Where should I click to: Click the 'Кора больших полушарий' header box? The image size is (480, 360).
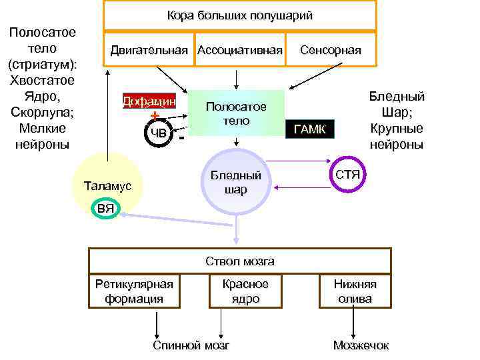(239, 15)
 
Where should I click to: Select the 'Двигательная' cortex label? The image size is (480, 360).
(149, 50)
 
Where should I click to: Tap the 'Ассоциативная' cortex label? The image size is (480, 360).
(239, 50)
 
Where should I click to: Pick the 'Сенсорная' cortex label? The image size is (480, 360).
(331, 50)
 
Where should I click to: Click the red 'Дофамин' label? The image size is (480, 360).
(149, 101)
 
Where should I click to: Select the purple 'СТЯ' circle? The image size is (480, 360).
(348, 175)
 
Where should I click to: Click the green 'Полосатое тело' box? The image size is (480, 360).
(237, 113)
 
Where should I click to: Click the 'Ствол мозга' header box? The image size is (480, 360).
(240, 261)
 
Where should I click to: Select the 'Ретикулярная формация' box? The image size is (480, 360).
(134, 291)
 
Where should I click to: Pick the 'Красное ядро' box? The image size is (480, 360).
(245, 291)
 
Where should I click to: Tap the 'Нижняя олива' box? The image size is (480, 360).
(355, 291)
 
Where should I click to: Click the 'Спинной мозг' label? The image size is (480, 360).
(191, 345)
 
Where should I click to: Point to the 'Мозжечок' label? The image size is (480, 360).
(361, 345)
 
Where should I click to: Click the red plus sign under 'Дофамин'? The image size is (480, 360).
(155, 116)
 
